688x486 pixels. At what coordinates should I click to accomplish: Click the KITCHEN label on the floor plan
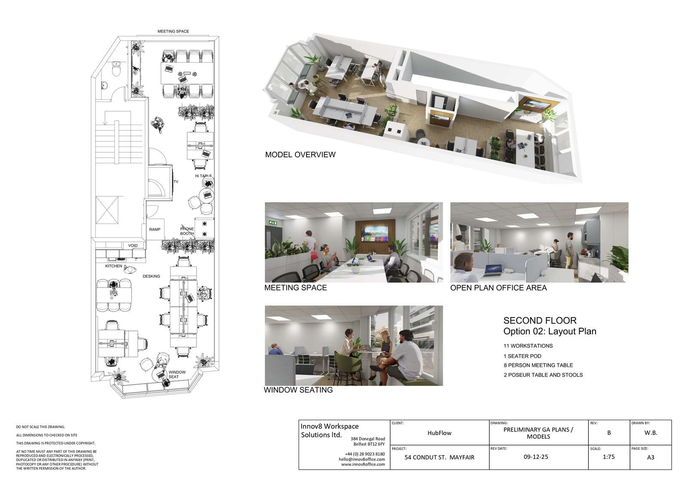114,266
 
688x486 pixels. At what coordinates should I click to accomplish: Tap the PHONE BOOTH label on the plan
187,231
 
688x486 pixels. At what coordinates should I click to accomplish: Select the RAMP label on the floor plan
155,229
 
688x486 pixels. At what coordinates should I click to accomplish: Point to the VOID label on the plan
133,246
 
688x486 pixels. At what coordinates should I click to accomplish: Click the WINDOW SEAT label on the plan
177,374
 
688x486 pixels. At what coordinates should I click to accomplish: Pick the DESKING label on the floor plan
151,276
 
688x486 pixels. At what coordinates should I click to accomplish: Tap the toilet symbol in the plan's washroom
117,69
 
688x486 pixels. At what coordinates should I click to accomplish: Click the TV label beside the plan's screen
176,182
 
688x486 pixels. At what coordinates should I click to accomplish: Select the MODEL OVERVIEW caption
300,155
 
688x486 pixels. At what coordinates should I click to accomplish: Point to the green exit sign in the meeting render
273,223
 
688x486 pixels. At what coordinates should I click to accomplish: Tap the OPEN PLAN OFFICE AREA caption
498,288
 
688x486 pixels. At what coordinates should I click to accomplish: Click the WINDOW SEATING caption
298,390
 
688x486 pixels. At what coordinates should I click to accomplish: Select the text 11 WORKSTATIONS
528,346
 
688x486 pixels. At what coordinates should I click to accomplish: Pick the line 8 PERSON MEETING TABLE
538,365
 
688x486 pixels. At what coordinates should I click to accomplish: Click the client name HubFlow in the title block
439,433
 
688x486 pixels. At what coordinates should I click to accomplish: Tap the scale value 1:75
609,457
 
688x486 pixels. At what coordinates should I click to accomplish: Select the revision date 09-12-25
536,457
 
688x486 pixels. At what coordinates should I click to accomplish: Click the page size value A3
651,458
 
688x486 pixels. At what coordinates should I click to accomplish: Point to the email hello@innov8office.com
362,459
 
